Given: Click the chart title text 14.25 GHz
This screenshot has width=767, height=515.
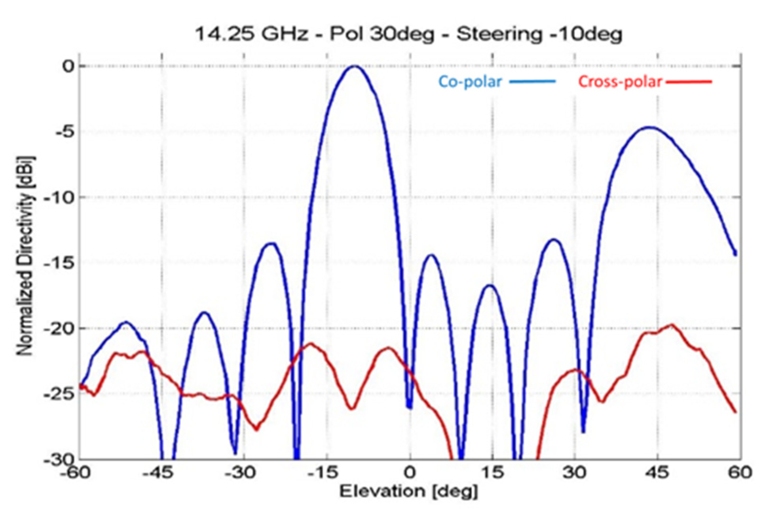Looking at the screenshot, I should point(252,34).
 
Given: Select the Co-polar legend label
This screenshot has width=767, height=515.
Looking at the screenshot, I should point(470,82).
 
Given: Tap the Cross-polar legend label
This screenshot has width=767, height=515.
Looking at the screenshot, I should point(620,82).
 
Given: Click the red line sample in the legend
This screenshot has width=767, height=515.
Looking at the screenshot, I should point(689,82).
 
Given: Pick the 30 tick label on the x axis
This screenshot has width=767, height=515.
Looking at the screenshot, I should point(575,472).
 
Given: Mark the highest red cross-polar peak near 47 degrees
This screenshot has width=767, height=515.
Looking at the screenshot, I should point(672,325).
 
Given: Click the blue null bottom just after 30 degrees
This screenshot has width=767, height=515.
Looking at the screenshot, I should point(583,431).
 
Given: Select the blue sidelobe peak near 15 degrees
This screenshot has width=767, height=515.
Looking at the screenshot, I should point(490,285).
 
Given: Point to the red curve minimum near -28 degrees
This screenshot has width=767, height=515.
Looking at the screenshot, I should point(256,429).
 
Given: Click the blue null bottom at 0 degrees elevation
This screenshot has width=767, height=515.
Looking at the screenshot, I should point(409,408).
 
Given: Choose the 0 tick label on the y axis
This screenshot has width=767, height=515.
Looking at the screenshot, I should point(68,66).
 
